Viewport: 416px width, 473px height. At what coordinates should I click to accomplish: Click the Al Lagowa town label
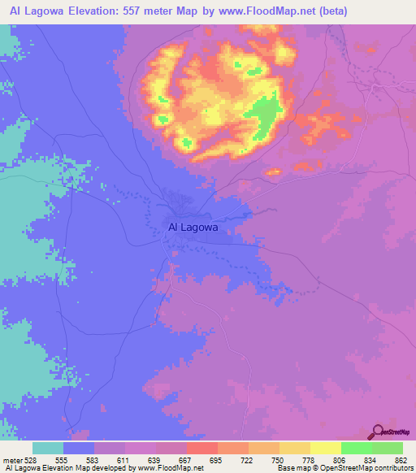click(193, 228)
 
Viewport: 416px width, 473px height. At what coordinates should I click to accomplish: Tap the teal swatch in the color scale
click(47, 448)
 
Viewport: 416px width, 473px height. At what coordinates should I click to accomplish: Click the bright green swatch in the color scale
click(356, 448)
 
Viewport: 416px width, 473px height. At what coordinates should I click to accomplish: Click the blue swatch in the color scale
click(78, 448)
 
